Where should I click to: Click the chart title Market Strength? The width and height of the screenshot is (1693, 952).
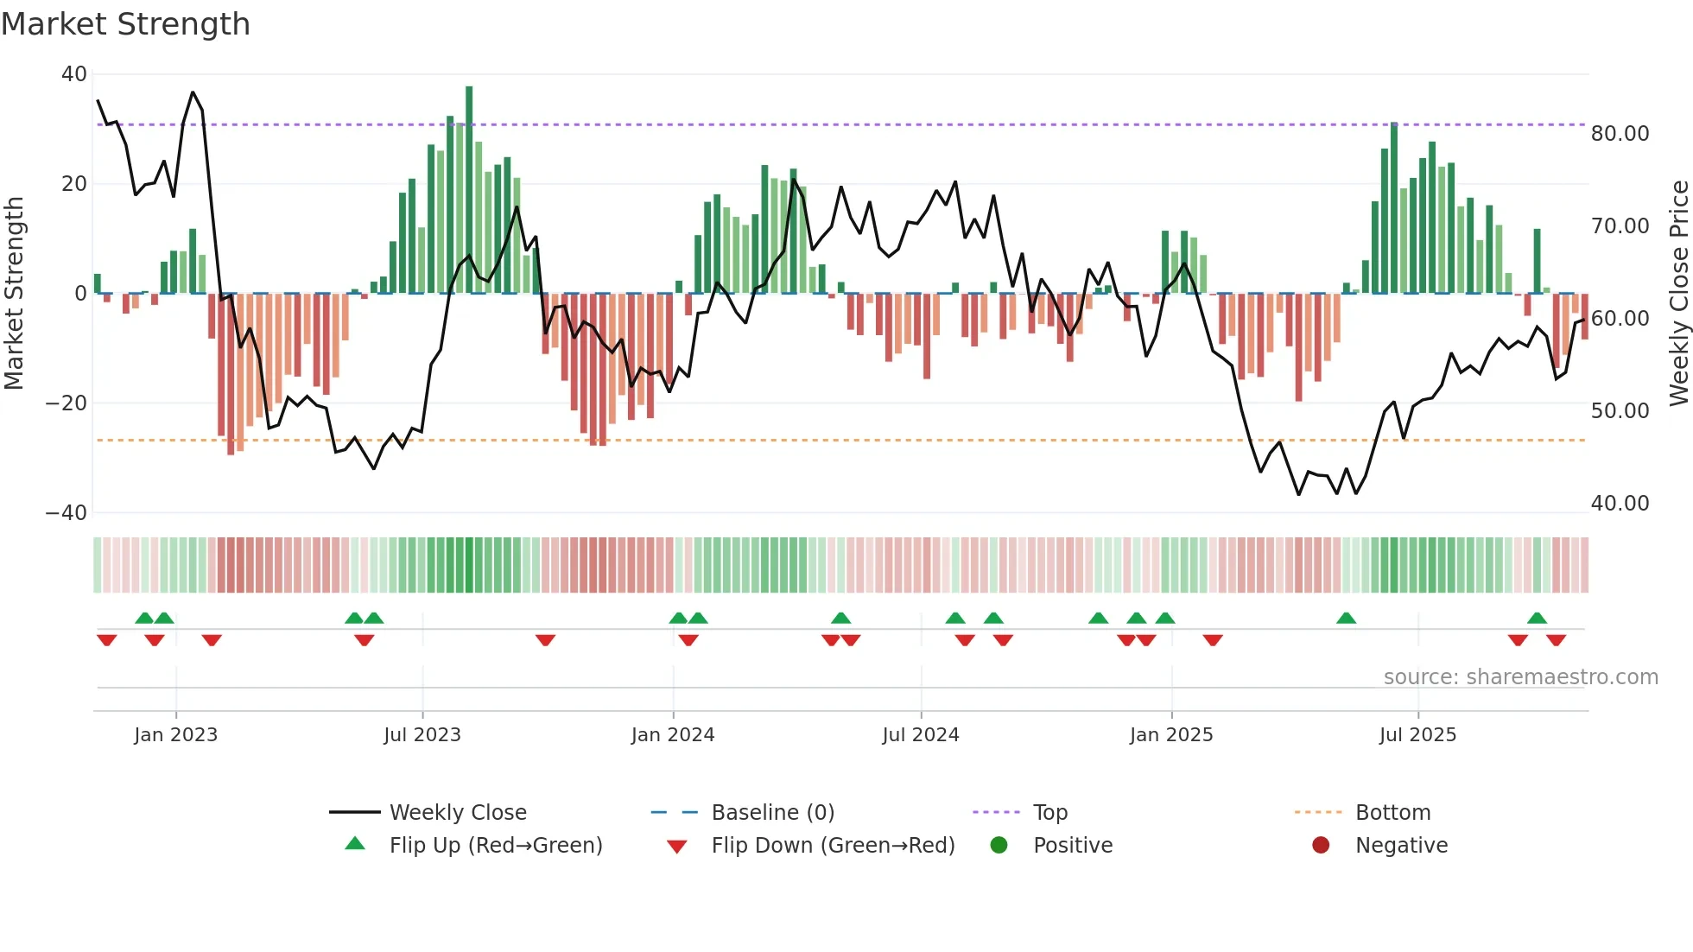[125, 24]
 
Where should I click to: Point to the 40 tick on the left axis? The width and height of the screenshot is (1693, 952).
[73, 74]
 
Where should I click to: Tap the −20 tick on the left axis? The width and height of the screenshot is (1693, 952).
[67, 403]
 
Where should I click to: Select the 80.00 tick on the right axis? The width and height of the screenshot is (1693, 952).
[1620, 134]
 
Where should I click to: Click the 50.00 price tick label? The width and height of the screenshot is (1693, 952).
[1620, 411]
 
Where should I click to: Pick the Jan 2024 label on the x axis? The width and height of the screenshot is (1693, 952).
[673, 735]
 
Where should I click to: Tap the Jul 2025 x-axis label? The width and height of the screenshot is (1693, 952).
[1417, 735]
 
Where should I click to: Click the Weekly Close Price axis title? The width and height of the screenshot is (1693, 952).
[1678, 294]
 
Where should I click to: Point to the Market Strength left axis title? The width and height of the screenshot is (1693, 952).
[15, 294]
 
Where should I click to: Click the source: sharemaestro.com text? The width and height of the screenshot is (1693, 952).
[1520, 677]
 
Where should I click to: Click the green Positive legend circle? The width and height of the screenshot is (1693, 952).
[999, 846]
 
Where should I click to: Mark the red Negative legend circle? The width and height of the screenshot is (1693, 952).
[1321, 846]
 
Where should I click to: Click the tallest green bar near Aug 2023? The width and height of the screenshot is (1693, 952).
[469, 190]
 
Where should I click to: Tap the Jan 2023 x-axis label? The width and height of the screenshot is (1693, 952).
[176, 735]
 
